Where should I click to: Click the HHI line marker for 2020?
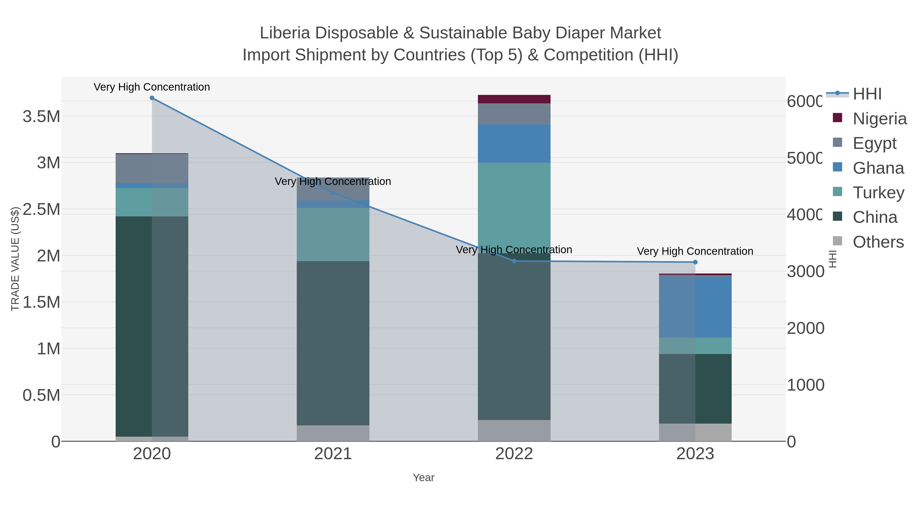pos(152,98)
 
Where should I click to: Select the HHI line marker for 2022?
pos(514,261)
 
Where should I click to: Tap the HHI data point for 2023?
pos(695,262)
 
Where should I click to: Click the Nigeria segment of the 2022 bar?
pos(514,99)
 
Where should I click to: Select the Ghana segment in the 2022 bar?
pos(514,144)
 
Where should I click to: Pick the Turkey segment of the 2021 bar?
pos(333,235)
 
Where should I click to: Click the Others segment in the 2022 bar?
pos(514,431)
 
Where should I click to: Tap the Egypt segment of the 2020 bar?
pos(152,168)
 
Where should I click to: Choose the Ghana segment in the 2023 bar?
pos(695,307)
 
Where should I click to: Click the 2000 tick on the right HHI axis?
pos(805,328)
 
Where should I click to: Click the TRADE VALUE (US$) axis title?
pos(15,259)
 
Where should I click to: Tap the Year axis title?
pos(423,478)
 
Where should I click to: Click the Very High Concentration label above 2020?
pos(152,87)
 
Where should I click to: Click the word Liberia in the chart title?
pos(284,33)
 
